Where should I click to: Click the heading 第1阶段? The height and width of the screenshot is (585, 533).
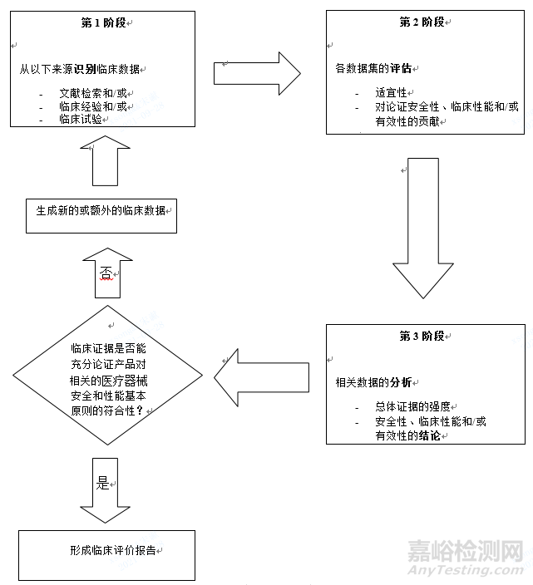pos(104,22)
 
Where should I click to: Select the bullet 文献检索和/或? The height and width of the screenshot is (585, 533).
pos(93,93)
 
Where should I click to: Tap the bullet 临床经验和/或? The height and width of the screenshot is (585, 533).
pos(93,106)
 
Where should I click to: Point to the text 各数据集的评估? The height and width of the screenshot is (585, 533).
pos(373,67)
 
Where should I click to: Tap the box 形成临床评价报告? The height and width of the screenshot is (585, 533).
pos(106,552)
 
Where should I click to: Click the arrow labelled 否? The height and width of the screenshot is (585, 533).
pos(107,273)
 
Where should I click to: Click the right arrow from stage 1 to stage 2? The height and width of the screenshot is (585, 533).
pos(256,72)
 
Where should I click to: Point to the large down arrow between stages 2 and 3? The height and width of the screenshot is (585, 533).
pos(423,227)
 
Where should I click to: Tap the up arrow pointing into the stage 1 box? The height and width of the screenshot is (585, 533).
pos(106,160)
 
